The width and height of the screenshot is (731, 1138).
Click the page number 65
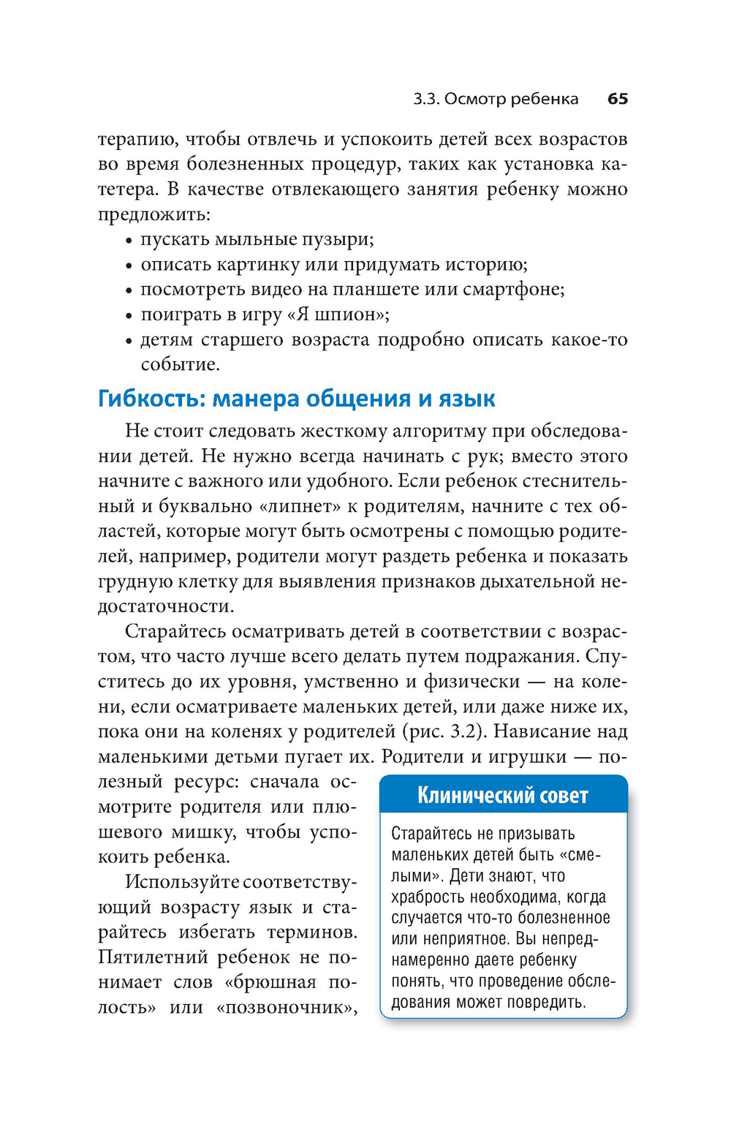tap(617, 99)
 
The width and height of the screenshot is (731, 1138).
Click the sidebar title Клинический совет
tap(502, 795)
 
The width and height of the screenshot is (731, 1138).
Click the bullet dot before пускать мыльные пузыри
tap(128, 241)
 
